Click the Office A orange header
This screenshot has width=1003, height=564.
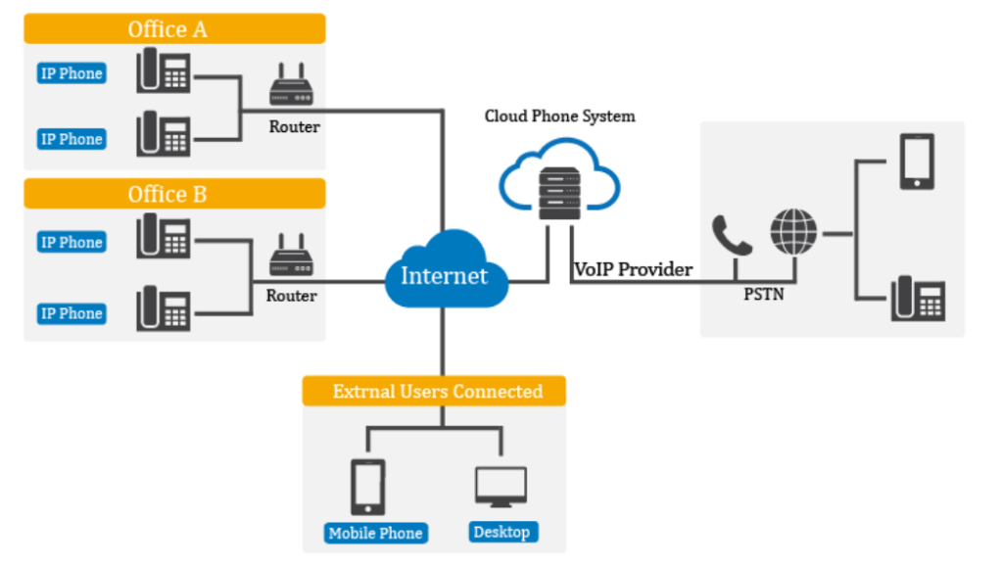(x=174, y=28)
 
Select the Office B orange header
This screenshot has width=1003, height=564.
(x=174, y=194)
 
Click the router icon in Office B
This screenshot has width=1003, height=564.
(x=291, y=257)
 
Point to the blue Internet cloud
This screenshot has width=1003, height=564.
(x=444, y=272)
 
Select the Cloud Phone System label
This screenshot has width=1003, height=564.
(x=559, y=117)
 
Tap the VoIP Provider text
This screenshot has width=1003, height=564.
(x=633, y=269)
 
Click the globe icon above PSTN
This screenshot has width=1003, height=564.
(x=792, y=232)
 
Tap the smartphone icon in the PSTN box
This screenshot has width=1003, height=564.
(x=917, y=162)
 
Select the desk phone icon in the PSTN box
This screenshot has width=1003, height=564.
(x=918, y=299)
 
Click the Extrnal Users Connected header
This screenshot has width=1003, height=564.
(x=435, y=392)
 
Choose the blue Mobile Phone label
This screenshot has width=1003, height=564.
(x=375, y=533)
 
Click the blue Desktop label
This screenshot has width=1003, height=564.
(x=501, y=532)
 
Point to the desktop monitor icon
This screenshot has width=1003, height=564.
(x=501, y=487)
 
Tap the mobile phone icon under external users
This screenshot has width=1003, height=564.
(x=367, y=487)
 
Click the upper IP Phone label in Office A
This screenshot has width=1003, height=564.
(x=72, y=73)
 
